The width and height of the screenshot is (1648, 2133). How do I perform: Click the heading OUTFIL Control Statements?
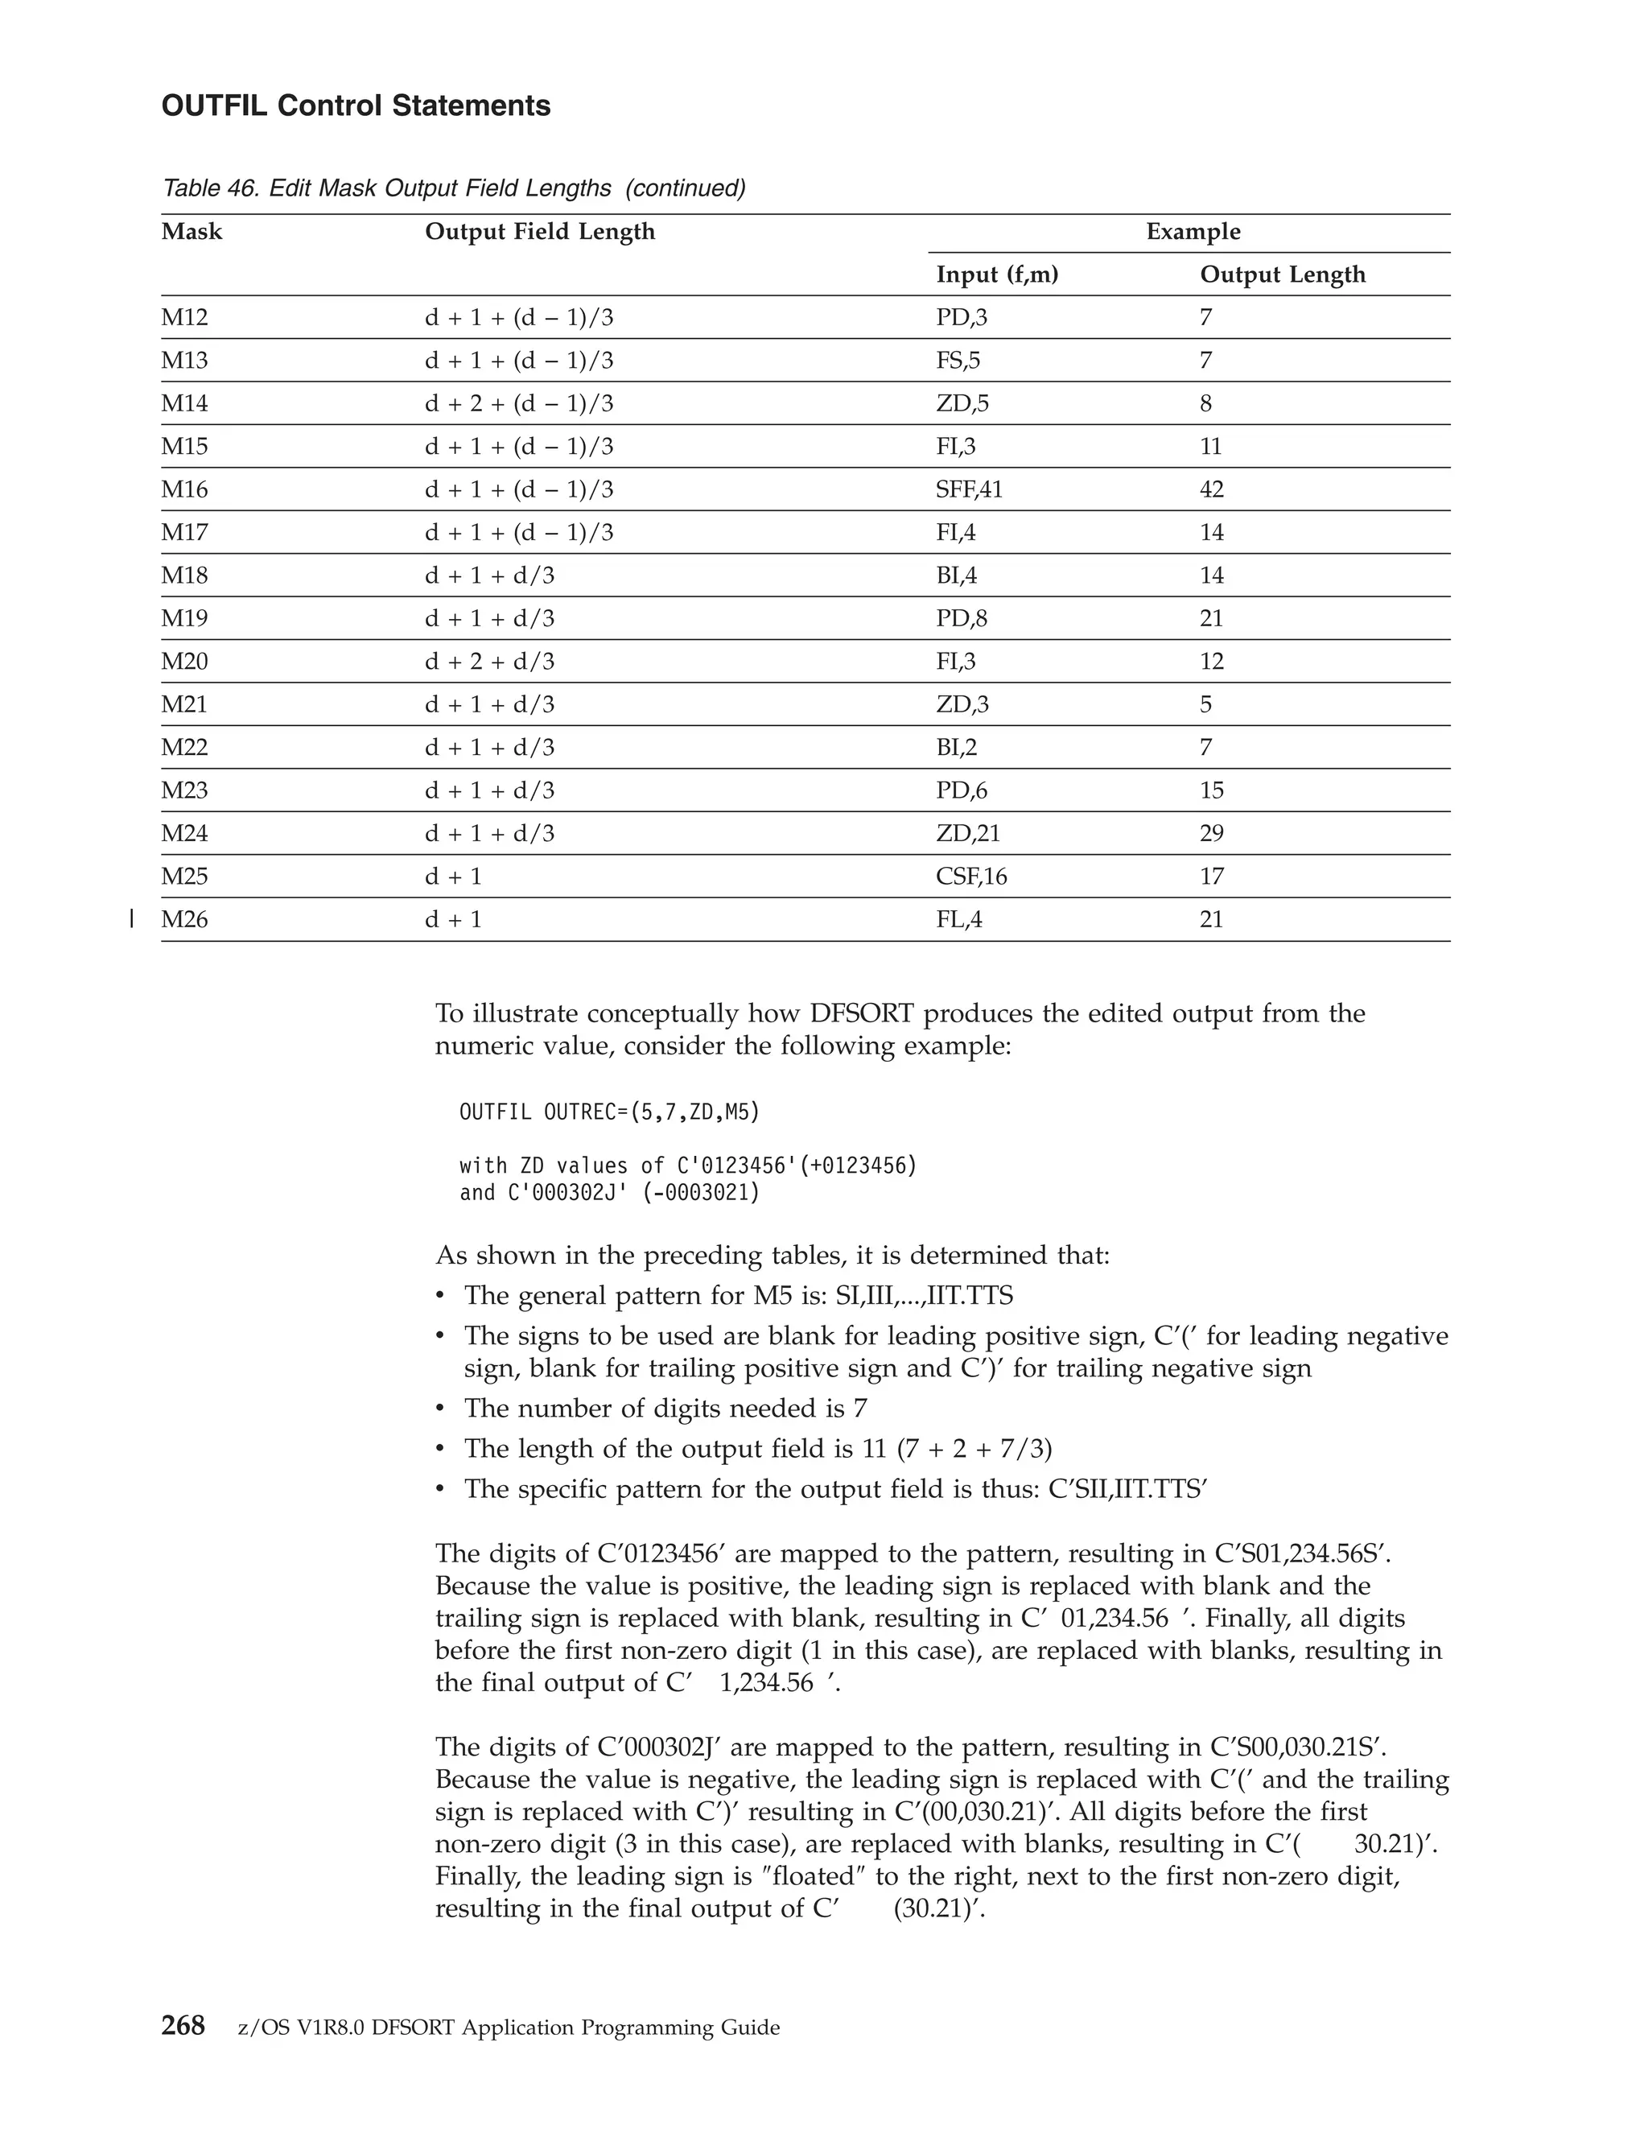point(356,105)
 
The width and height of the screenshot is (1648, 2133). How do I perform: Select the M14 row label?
point(184,403)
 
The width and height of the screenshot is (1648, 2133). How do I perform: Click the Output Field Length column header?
point(540,232)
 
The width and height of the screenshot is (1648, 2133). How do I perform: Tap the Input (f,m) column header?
point(997,274)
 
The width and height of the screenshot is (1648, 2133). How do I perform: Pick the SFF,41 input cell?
point(969,489)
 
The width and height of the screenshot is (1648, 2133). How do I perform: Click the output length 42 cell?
point(1212,489)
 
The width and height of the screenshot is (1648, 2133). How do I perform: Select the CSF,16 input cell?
point(971,876)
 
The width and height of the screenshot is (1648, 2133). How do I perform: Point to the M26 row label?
point(184,919)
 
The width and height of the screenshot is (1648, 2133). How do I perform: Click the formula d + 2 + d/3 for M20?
point(489,661)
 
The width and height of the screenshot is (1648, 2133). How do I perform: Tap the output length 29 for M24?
point(1212,833)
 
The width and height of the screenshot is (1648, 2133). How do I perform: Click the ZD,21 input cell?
point(967,833)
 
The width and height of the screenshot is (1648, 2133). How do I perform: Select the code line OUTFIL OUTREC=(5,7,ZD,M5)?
point(609,1112)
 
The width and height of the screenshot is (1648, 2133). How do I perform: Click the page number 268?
point(183,2027)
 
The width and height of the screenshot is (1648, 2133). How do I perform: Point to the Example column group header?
point(1192,232)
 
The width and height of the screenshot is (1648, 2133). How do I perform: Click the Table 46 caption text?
point(453,188)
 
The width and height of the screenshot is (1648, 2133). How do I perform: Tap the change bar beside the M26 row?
point(131,918)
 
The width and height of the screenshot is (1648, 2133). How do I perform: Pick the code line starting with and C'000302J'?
point(609,1193)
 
